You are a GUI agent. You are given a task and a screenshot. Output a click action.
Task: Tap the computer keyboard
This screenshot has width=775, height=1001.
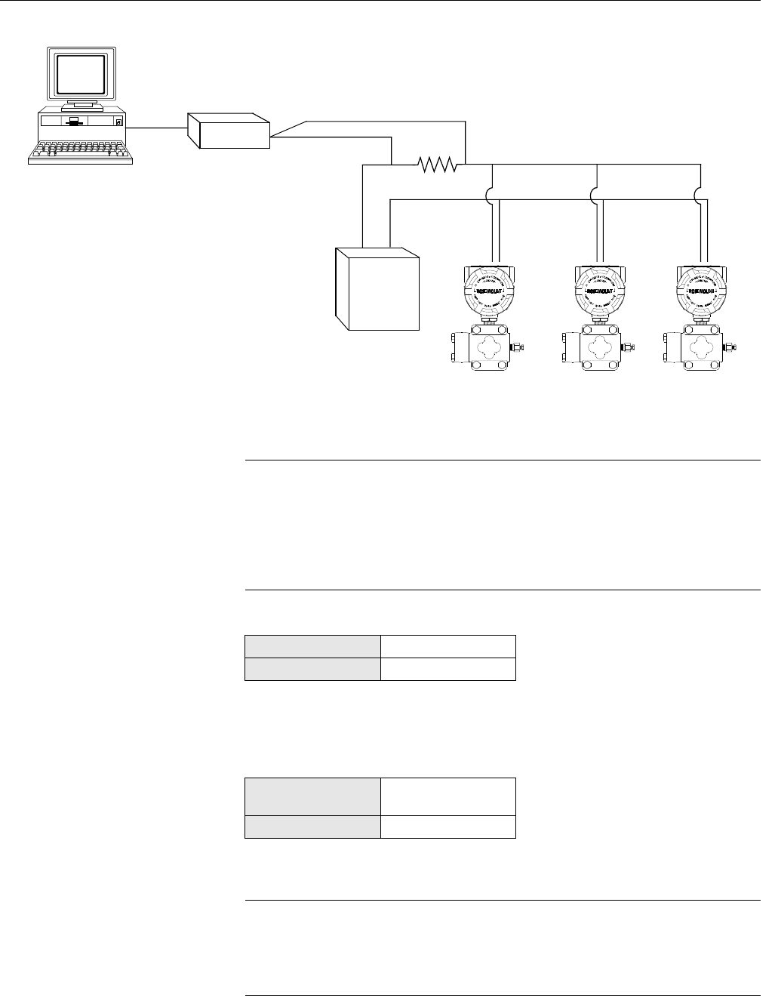click(81, 152)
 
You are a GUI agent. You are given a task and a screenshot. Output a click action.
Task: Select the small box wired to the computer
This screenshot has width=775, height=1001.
click(229, 131)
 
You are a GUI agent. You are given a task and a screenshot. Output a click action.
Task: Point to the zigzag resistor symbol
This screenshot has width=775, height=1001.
click(438, 164)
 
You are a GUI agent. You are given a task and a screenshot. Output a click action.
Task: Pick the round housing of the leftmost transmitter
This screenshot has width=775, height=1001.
click(490, 290)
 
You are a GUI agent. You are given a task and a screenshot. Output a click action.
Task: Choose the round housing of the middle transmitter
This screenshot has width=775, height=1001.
click(601, 290)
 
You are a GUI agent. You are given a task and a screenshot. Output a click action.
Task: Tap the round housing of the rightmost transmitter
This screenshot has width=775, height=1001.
click(703, 290)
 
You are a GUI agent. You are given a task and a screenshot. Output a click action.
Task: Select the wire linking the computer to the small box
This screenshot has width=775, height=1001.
click(157, 128)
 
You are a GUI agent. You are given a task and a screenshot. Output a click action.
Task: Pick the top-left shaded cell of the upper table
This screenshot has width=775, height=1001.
click(312, 647)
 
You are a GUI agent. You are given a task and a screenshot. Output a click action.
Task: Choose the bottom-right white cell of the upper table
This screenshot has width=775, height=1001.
click(447, 670)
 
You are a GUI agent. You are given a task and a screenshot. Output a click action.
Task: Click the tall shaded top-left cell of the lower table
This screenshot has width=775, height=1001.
click(312, 796)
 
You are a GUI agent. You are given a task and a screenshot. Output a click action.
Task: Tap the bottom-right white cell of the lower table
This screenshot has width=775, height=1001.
click(447, 827)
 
